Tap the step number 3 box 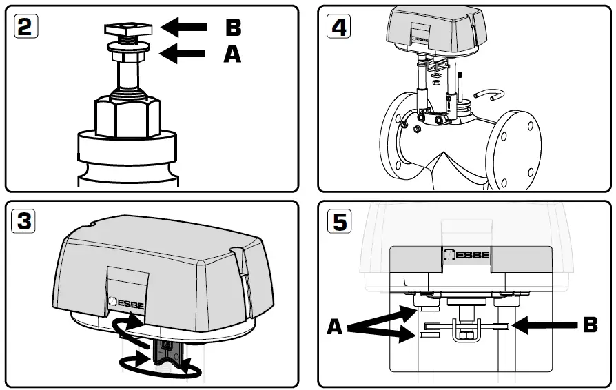click(x=25, y=221)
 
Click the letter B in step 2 click(x=234, y=28)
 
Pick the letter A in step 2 click(x=233, y=54)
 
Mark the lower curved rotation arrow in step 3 click(x=160, y=366)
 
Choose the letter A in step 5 click(x=336, y=325)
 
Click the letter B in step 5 click(x=590, y=324)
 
